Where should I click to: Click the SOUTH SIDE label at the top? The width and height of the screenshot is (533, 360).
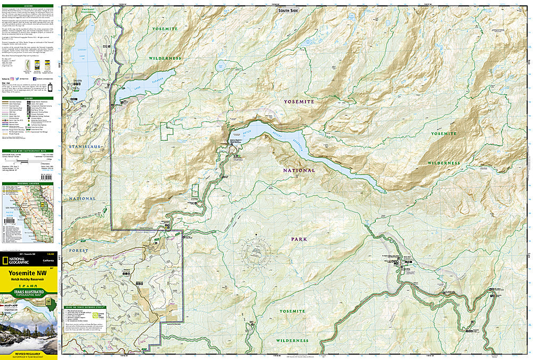point(288,10)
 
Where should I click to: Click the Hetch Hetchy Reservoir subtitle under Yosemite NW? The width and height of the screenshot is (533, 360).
point(30,281)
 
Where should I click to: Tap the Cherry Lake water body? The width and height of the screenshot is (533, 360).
point(83,53)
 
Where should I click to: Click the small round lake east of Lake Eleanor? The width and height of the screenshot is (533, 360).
point(220,67)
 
